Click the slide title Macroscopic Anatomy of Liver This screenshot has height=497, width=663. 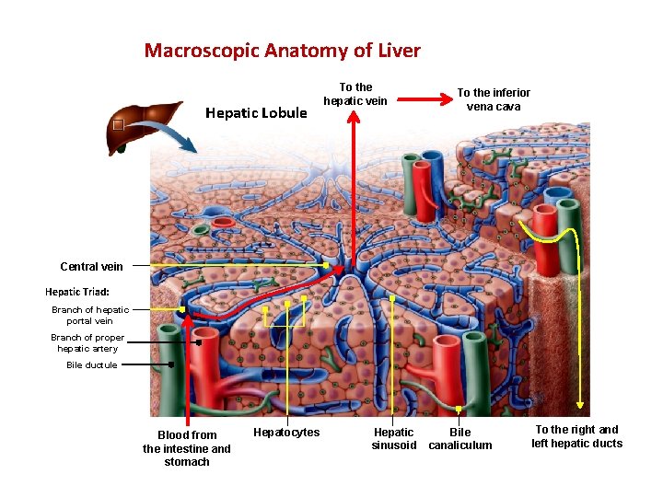282,51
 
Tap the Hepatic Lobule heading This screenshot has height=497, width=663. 256,113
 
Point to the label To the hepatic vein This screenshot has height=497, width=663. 355,94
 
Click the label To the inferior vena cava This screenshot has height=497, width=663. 494,99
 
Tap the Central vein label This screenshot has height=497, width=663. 91,267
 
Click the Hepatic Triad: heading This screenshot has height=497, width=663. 77,292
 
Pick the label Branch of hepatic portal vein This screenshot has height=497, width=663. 90,316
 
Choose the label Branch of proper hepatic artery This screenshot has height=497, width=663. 87,342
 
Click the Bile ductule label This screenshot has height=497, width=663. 92,365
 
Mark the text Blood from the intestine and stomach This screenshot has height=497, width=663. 187,448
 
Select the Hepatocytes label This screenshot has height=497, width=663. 286,433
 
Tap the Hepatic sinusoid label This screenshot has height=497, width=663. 394,439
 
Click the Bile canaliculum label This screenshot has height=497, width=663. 459,439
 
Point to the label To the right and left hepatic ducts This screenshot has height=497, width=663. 576,436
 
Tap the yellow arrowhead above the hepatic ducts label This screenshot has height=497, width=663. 580,402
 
